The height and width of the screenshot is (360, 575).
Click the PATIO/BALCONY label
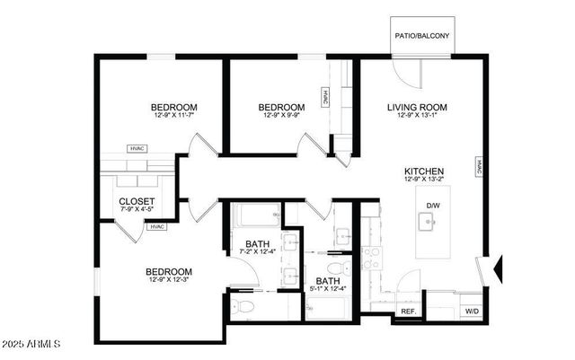point(422,37)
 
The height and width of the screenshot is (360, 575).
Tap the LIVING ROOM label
point(417,108)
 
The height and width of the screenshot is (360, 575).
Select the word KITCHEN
point(424,171)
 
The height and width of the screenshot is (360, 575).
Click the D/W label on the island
point(433,206)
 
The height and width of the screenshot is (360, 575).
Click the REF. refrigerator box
point(407,311)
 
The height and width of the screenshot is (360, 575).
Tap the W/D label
point(471,311)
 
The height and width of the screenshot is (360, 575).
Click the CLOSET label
point(137,201)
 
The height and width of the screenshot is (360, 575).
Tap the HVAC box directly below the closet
point(158,227)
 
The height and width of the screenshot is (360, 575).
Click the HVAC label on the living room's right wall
point(479,167)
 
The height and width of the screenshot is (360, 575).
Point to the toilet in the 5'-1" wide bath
point(335,268)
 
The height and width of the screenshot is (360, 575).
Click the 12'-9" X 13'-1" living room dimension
point(417,117)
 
